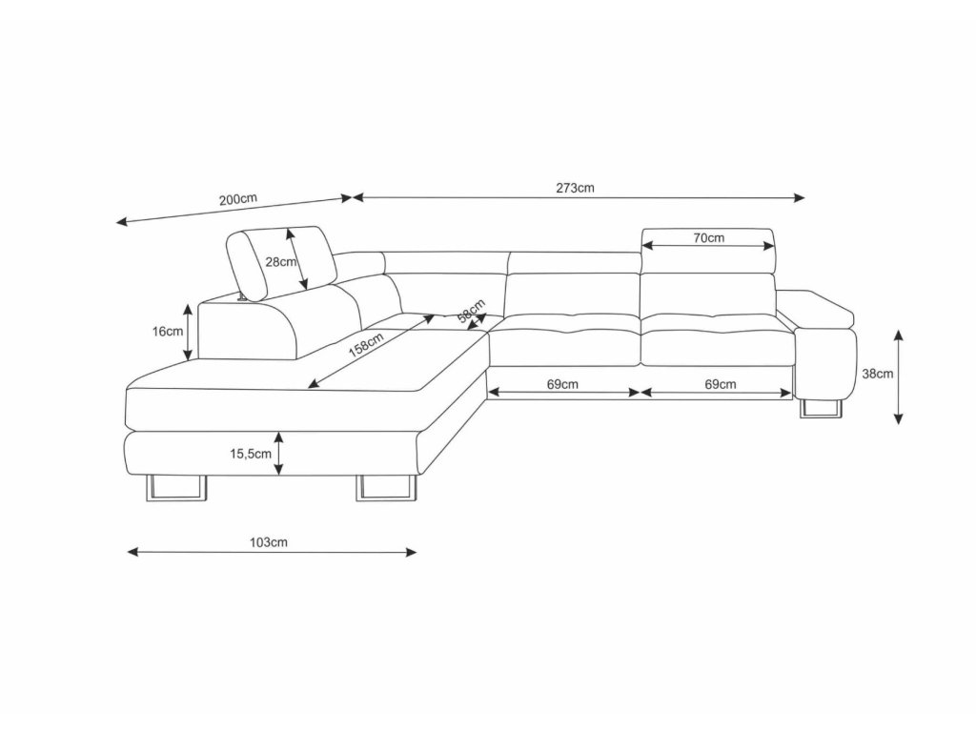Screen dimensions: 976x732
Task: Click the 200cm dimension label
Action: pyautogui.click(x=237, y=199)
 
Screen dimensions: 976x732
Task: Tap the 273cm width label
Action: pyautogui.click(x=576, y=188)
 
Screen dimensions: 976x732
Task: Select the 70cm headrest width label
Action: pyautogui.click(x=707, y=238)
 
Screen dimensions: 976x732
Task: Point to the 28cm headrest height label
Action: pyautogui.click(x=280, y=263)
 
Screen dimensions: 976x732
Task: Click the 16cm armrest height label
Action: pyautogui.click(x=168, y=332)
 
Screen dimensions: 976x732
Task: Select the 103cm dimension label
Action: pyautogui.click(x=270, y=542)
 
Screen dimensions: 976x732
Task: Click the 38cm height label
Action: pyautogui.click(x=877, y=375)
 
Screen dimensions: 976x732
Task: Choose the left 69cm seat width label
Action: pyautogui.click(x=562, y=384)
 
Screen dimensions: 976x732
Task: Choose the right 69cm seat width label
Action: pyautogui.click(x=720, y=384)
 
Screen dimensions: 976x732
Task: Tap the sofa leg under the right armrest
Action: pyautogui.click(x=822, y=409)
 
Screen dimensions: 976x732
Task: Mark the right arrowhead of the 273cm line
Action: pyautogui.click(x=801, y=198)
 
